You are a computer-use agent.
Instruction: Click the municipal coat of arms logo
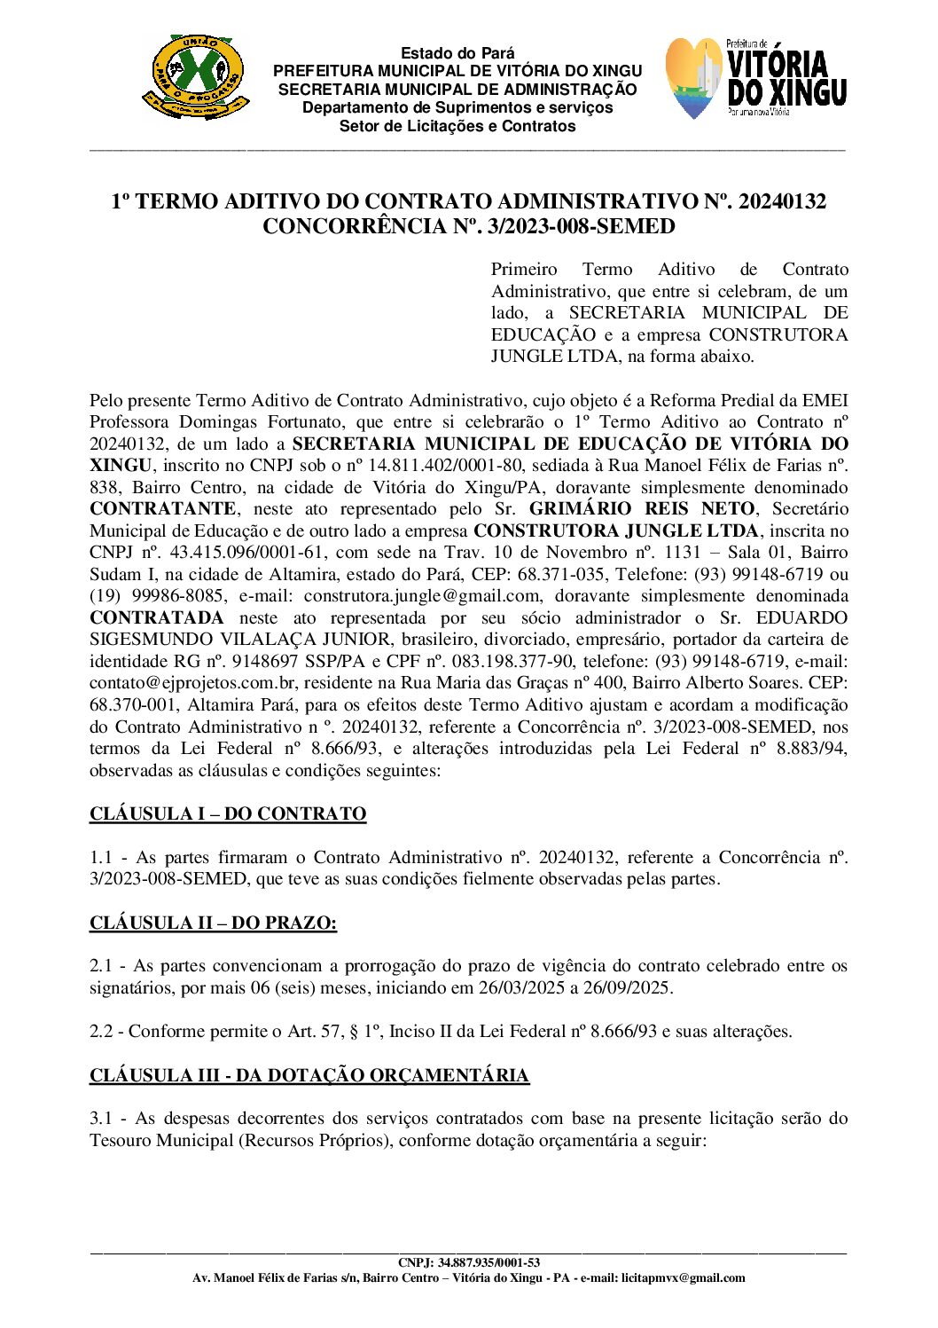point(194,77)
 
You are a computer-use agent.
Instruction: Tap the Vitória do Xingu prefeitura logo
point(756,79)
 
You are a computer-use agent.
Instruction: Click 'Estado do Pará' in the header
point(457,53)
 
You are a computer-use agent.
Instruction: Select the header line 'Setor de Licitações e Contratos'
point(457,126)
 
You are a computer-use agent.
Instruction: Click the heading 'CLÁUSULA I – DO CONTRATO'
point(228,813)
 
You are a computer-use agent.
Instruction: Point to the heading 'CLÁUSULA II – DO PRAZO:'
point(213,923)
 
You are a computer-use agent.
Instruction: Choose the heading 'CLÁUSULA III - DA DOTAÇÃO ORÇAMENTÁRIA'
point(309,1075)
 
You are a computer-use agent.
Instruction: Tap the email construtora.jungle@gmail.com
point(421,596)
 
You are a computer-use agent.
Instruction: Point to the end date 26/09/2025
point(628,987)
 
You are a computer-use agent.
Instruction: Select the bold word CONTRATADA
point(157,617)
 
